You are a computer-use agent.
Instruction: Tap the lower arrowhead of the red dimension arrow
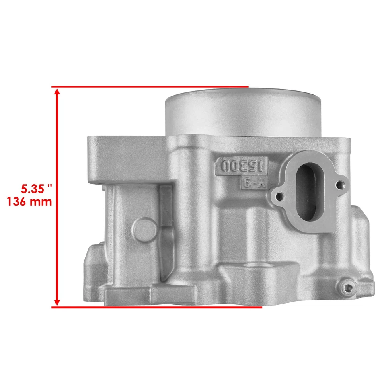tap(57, 301)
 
